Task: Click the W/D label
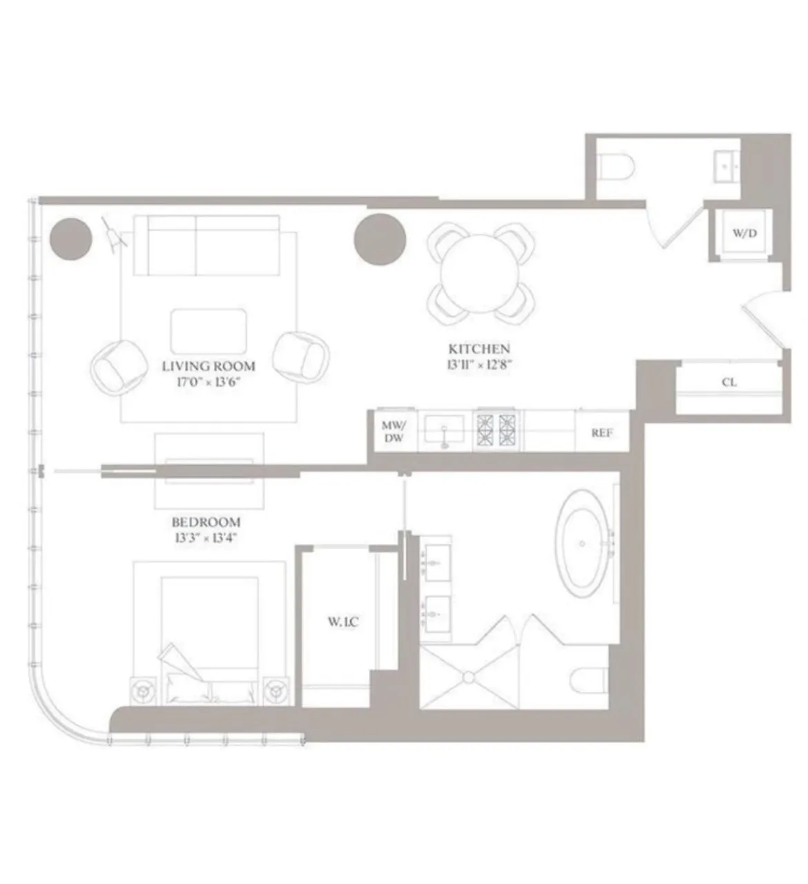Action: pos(744,233)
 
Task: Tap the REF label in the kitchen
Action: pos(601,433)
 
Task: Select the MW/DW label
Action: pos(394,432)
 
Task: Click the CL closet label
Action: pos(729,382)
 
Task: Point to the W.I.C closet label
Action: pos(343,622)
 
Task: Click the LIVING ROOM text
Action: pos(209,366)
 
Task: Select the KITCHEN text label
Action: pos(479,349)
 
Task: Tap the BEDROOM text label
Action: pos(206,522)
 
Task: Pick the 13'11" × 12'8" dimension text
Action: pos(479,364)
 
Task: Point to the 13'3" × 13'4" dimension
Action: pos(206,537)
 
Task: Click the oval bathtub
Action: pos(584,544)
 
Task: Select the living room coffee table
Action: pos(209,331)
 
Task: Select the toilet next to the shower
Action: pos(590,678)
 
